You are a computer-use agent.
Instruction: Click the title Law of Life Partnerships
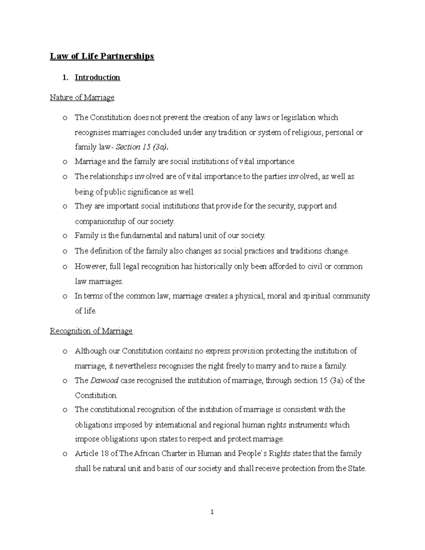[102, 56]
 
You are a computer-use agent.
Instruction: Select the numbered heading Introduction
[97, 78]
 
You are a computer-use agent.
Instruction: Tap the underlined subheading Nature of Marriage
[82, 97]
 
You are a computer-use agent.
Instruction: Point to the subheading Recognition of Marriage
[91, 331]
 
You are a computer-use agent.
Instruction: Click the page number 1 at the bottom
[212, 512]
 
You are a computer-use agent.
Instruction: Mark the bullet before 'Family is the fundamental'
[64, 236]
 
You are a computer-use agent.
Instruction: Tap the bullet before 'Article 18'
[64, 454]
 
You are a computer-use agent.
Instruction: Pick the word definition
[105, 251]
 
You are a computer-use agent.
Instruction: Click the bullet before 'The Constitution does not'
[64, 118]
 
